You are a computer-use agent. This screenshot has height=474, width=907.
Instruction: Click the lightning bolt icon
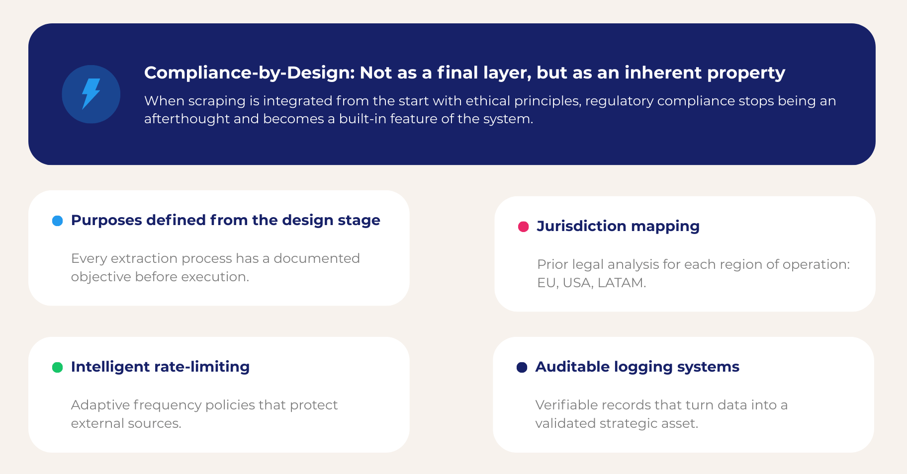pyautogui.click(x=91, y=94)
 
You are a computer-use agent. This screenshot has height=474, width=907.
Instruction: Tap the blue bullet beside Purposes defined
pyautogui.click(x=58, y=221)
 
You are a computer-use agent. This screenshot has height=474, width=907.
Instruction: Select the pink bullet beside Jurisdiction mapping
pyautogui.click(x=523, y=227)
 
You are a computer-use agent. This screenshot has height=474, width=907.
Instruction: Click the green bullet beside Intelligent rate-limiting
pyautogui.click(x=58, y=367)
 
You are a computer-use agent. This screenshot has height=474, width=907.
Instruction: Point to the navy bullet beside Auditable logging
pyautogui.click(x=522, y=367)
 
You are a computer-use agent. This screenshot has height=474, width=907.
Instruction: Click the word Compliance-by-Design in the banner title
pyautogui.click(x=250, y=73)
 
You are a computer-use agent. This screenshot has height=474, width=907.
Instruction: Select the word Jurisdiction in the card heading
pyautogui.click(x=581, y=227)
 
